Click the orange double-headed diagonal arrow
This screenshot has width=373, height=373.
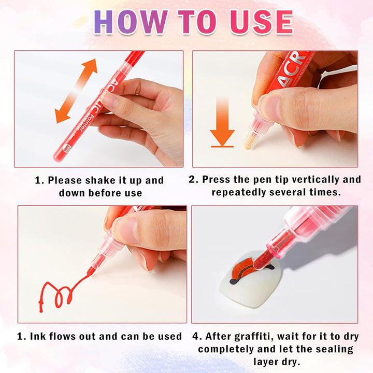click(76, 91)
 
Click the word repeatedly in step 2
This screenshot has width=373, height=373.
click(242, 192)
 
